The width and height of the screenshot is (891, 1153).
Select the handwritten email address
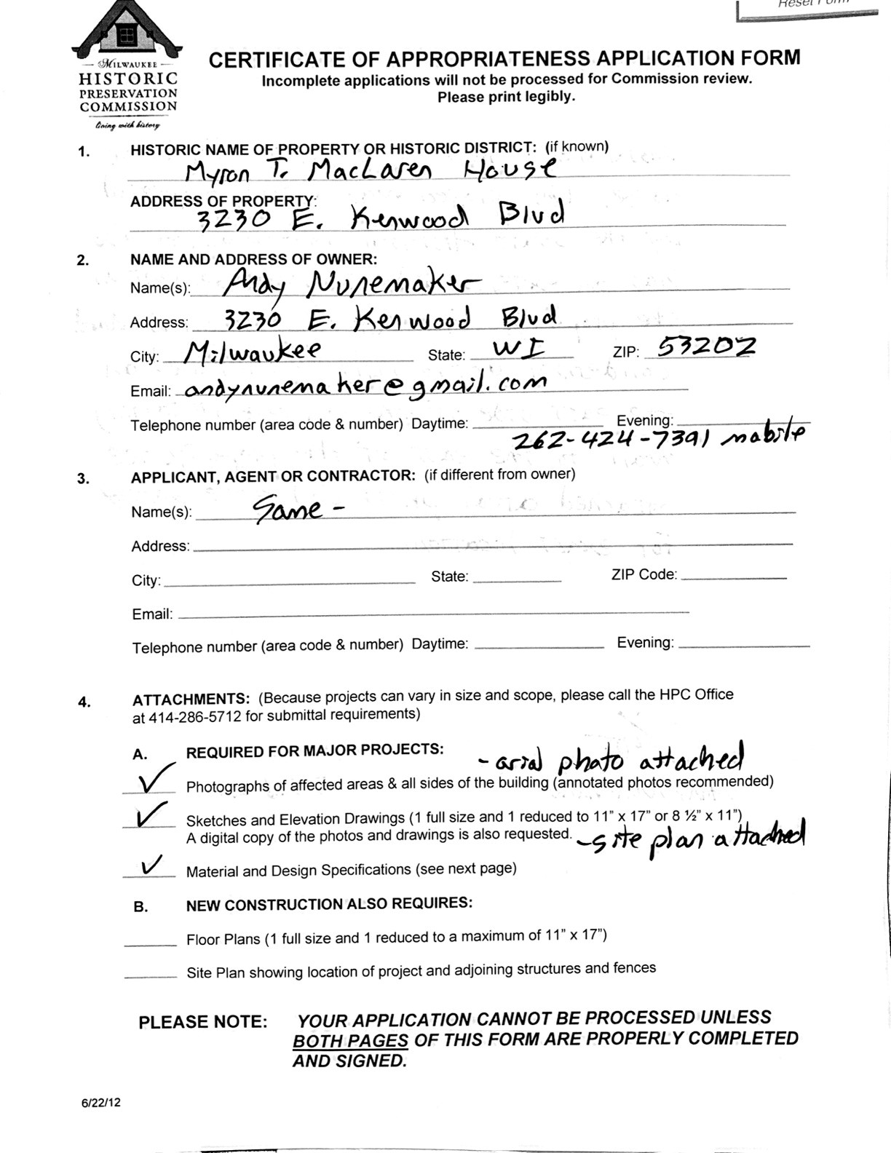pos(365,386)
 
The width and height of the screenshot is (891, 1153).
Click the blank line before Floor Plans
pos(150,944)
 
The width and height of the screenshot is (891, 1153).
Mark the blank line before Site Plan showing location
pos(150,976)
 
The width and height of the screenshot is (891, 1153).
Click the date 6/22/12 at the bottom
pos(101,1102)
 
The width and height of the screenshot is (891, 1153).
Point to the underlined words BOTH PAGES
pos(350,1041)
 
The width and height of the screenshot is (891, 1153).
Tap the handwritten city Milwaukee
pos(252,352)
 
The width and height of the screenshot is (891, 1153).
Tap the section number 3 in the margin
pos(84,478)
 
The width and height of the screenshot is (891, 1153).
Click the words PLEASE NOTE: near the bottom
pos(203,1022)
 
